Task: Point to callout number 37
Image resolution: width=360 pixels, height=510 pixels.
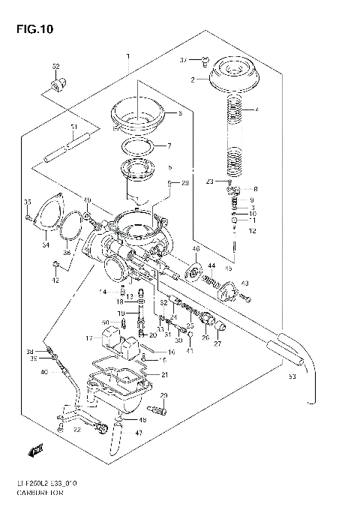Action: tap(183, 59)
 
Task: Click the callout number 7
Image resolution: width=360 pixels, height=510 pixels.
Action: tap(169, 145)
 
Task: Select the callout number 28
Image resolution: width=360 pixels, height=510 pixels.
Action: tap(186, 182)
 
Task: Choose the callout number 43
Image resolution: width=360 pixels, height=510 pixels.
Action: tap(244, 283)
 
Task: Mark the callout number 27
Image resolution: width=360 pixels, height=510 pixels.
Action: tap(218, 344)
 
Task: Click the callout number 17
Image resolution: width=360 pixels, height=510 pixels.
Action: tap(88, 338)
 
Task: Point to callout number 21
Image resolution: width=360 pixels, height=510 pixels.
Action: tap(165, 375)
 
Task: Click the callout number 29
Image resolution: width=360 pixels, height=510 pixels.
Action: tap(163, 395)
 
